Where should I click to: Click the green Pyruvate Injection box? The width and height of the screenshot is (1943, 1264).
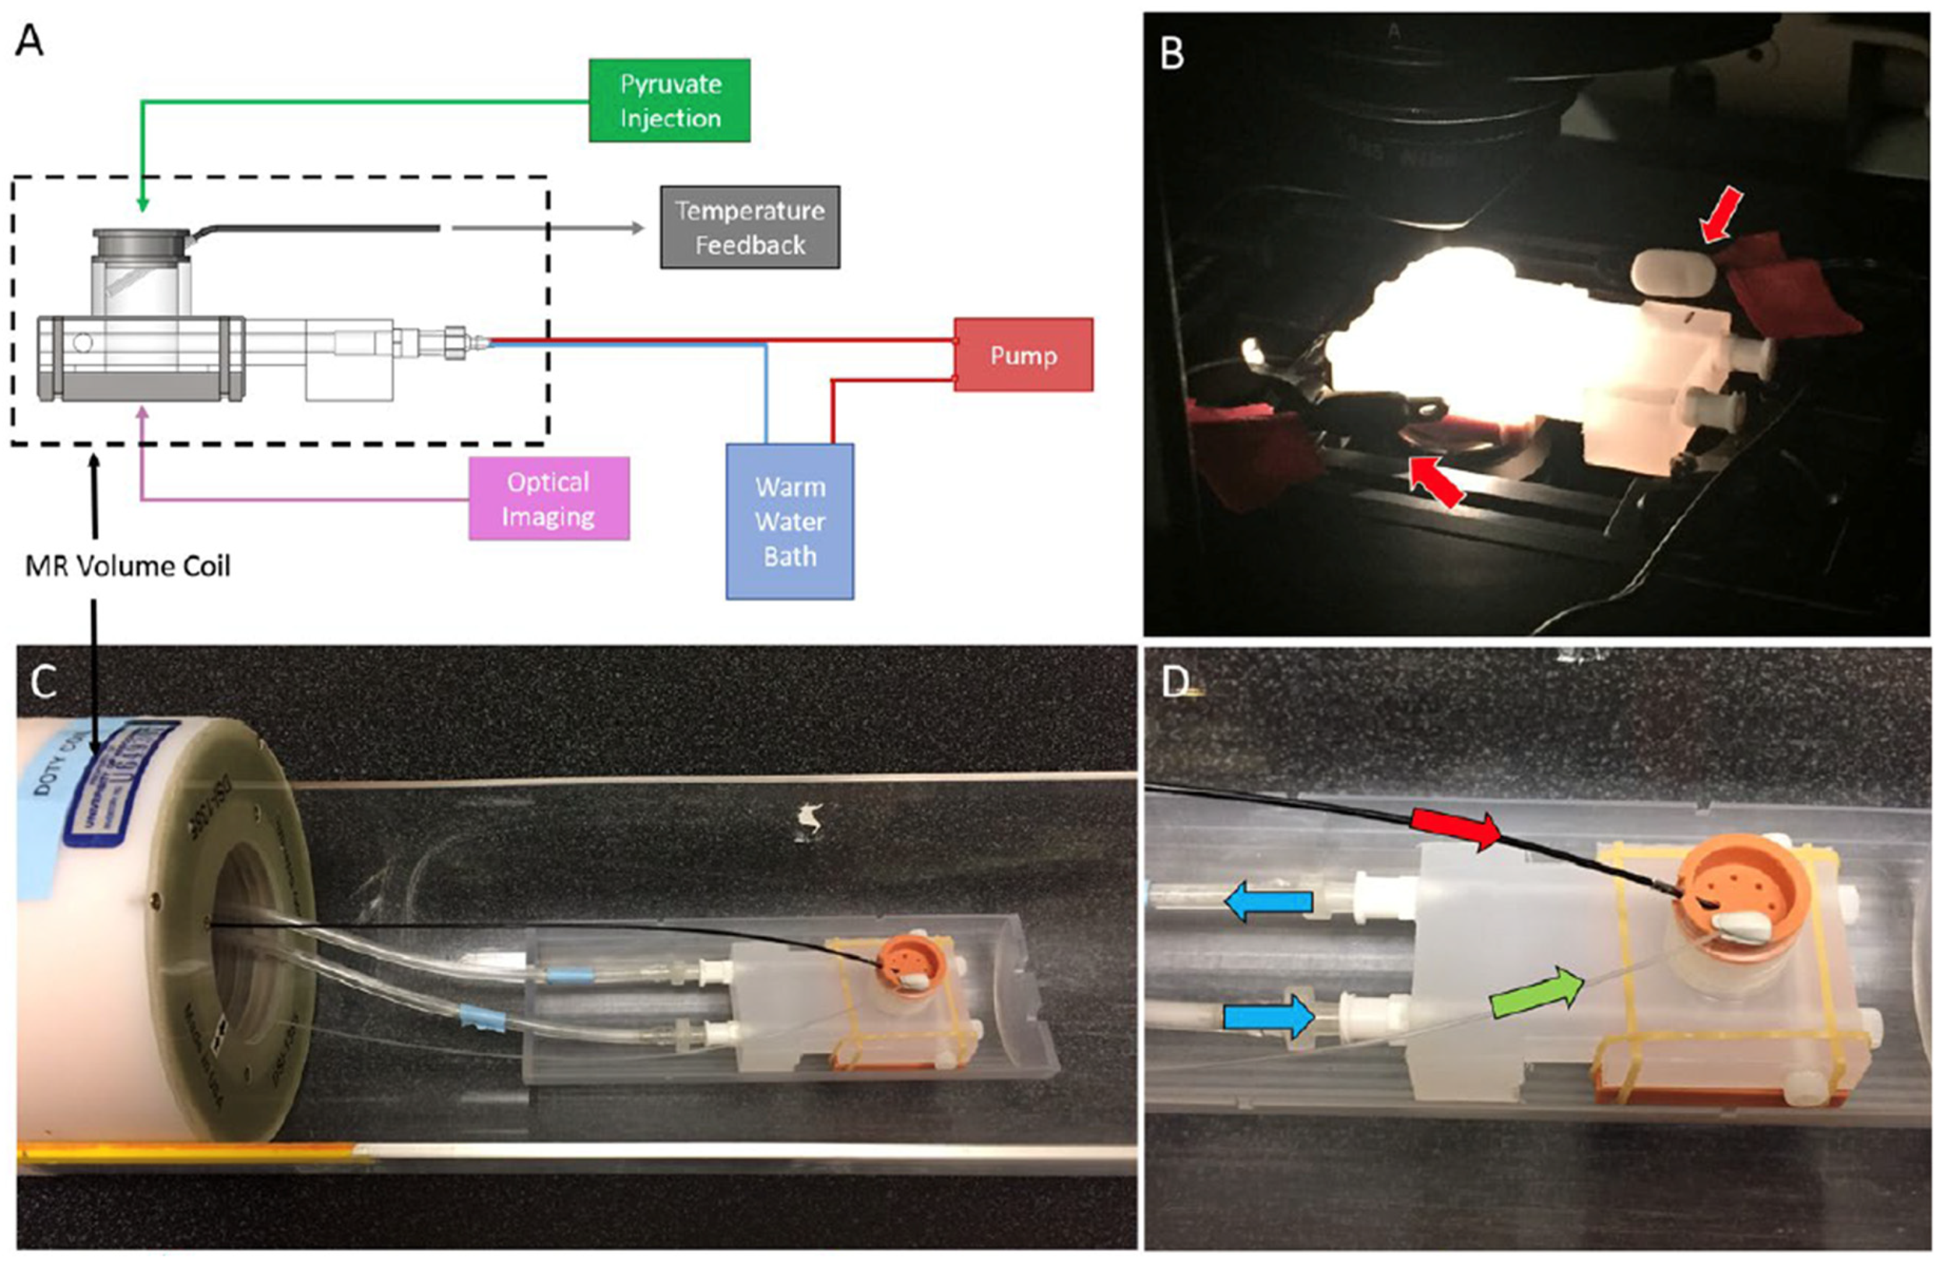669,101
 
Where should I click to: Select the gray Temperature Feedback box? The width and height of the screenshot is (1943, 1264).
749,227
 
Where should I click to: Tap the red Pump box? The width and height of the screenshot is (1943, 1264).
1023,355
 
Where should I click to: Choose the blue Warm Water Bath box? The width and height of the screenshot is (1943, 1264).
790,522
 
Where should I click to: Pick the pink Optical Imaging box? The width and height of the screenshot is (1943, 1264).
548,499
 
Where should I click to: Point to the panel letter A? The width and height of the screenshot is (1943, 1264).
29,39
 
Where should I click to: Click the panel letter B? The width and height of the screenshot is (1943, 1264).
1172,54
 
